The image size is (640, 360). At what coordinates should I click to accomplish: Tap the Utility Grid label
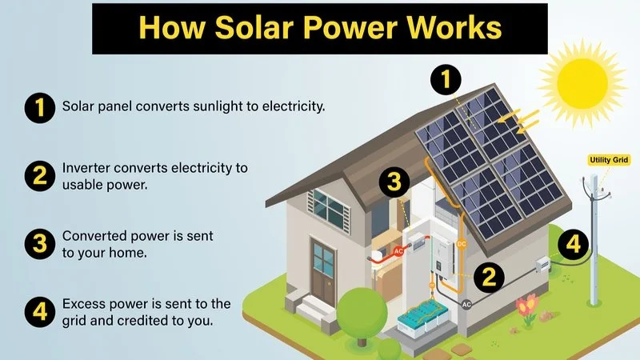[x=610, y=160]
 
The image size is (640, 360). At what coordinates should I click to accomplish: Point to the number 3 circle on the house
[x=393, y=182]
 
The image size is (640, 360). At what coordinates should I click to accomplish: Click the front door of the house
[x=324, y=269]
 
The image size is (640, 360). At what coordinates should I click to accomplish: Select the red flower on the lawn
[x=526, y=304]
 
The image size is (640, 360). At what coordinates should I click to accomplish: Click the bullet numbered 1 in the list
[x=37, y=106]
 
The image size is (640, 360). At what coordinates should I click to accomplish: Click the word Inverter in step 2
[x=86, y=169]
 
